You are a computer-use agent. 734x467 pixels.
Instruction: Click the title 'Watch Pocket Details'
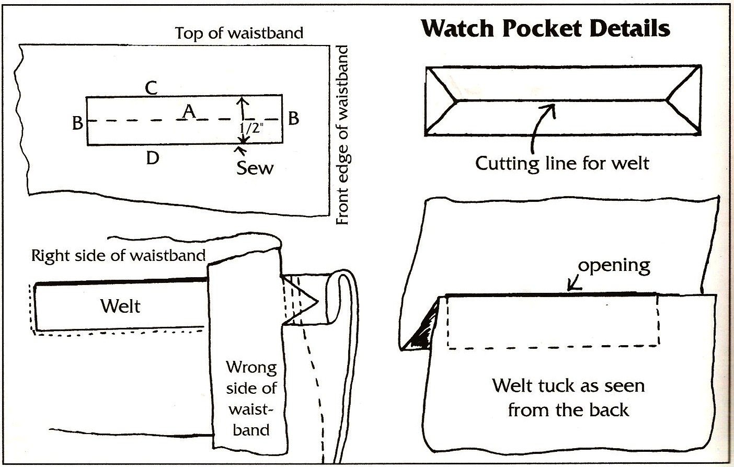[x=545, y=28]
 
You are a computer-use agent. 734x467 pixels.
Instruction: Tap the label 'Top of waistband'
[x=239, y=33]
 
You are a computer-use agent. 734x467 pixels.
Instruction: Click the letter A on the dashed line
[x=189, y=111]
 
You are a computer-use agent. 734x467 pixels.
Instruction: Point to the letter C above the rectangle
[x=151, y=87]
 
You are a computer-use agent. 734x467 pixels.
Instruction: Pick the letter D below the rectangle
[x=152, y=157]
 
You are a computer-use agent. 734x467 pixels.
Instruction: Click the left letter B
[x=77, y=123]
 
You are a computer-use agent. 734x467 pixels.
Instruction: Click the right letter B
[x=293, y=118]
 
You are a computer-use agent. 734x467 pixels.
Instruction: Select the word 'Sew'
[x=255, y=168]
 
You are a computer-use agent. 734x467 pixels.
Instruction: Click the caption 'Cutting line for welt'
[x=562, y=163]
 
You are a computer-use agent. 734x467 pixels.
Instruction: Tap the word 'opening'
[x=614, y=265]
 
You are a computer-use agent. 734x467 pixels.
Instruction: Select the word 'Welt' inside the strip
[x=120, y=306]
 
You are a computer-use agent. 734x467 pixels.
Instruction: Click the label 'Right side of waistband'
[x=118, y=256]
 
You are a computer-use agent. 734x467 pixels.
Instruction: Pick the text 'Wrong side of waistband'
[x=251, y=398]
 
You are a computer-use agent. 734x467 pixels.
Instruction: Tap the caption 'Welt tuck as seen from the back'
[x=568, y=397]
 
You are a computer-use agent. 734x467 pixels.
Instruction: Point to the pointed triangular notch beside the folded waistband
[x=303, y=301]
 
